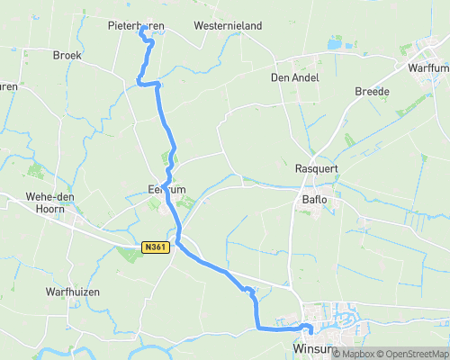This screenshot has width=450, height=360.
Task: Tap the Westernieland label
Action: tap(228, 26)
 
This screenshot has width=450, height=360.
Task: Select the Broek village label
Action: tap(67, 56)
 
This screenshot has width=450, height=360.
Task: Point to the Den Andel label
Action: tap(294, 77)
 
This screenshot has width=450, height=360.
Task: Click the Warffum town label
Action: tap(427, 67)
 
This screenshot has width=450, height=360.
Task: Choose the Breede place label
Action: tap(372, 92)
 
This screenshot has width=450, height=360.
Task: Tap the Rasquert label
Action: tap(316, 169)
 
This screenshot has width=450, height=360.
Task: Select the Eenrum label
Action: tap(166, 190)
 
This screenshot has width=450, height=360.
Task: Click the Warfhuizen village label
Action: tap(72, 292)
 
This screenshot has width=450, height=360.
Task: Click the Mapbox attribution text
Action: tap(354, 354)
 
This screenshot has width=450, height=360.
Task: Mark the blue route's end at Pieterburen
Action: tap(142, 29)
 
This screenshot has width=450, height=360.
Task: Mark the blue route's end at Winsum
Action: tap(309, 330)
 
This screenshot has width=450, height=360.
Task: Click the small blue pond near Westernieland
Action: tap(335, 42)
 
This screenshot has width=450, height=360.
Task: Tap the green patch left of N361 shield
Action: tap(128, 255)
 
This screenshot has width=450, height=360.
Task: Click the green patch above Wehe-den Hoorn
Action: tap(35, 169)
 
